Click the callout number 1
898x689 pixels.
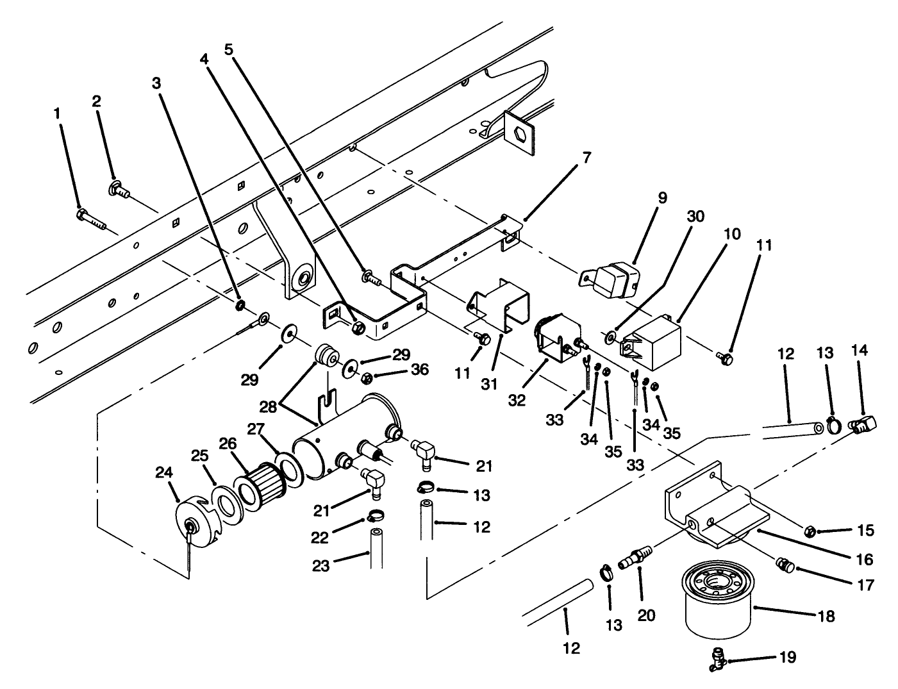tap(57, 113)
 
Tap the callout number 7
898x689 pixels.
tap(587, 157)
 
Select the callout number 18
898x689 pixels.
tap(826, 616)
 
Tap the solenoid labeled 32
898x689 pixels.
tap(556, 338)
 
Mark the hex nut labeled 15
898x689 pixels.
tap(810, 531)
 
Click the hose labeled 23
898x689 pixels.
tap(376, 549)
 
